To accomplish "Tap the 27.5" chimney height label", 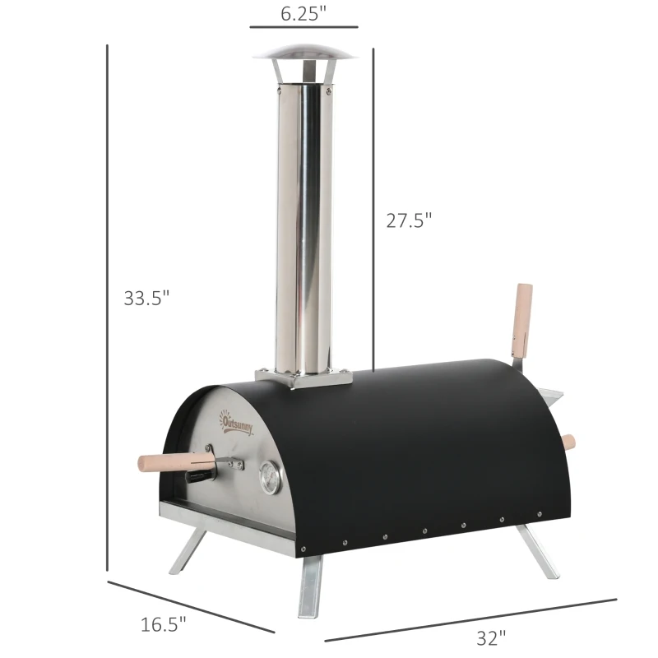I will [x=409, y=220].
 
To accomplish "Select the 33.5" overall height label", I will [x=146, y=298].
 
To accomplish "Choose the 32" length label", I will [x=490, y=636].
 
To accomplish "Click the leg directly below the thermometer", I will [x=312, y=580].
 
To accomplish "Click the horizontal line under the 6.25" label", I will [x=304, y=27].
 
